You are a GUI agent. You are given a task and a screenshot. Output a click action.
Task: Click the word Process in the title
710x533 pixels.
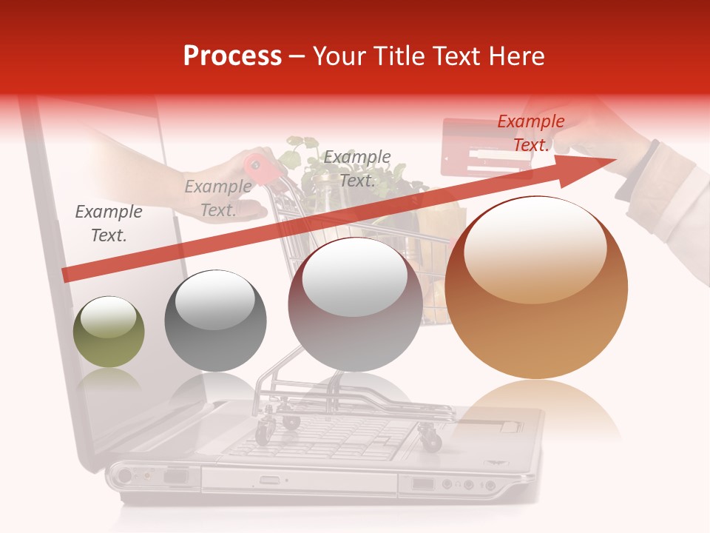[232, 56]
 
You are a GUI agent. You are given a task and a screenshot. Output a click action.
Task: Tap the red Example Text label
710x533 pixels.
[530, 133]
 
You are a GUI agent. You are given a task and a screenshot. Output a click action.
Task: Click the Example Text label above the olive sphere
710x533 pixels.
[109, 224]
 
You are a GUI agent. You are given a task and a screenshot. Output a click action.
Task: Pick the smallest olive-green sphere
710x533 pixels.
[109, 332]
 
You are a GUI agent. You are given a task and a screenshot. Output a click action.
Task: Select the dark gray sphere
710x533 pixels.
[215, 321]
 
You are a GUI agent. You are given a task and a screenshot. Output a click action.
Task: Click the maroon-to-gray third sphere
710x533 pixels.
[355, 305]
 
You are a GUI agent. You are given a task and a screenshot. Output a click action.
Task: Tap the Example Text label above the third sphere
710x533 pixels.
[357, 169]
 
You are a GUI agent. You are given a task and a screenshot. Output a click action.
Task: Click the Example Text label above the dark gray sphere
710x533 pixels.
[218, 198]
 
